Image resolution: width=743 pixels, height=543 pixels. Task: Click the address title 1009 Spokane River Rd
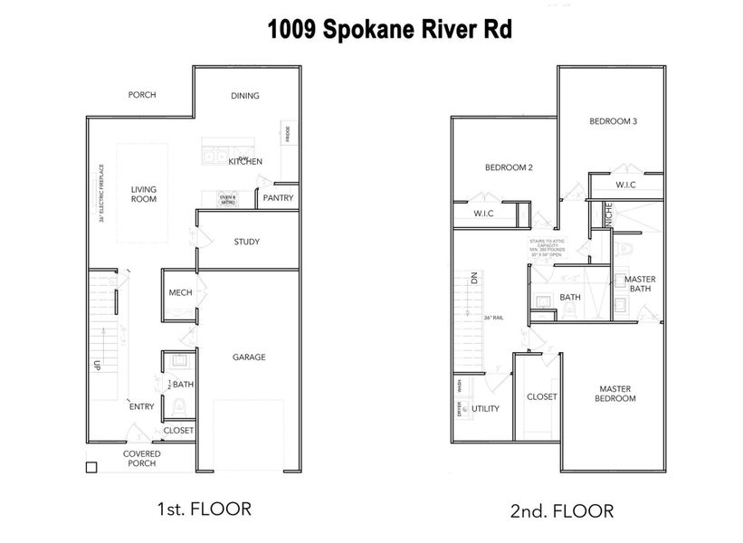(389, 30)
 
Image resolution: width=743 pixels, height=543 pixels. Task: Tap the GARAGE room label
(249, 357)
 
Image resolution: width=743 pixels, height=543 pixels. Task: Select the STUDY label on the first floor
(247, 242)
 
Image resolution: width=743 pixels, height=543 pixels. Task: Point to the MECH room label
(179, 293)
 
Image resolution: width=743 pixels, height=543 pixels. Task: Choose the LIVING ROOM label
(144, 195)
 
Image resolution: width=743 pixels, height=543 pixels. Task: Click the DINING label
(245, 96)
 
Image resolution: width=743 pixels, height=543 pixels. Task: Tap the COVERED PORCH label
(142, 459)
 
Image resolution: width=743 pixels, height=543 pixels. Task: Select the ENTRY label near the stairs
(141, 406)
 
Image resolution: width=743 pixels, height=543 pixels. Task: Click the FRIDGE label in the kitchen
(287, 135)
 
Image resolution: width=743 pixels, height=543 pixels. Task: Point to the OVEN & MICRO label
(227, 199)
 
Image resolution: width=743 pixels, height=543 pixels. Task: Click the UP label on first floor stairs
(95, 367)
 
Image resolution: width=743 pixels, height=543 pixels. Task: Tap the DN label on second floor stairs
(472, 281)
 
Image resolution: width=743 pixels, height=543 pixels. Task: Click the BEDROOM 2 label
(509, 167)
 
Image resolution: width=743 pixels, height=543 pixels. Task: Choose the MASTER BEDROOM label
(615, 394)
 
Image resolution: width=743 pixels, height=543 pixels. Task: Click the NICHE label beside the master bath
(610, 214)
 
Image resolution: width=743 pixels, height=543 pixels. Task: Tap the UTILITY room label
(485, 409)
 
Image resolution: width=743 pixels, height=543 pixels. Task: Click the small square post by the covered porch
(90, 468)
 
